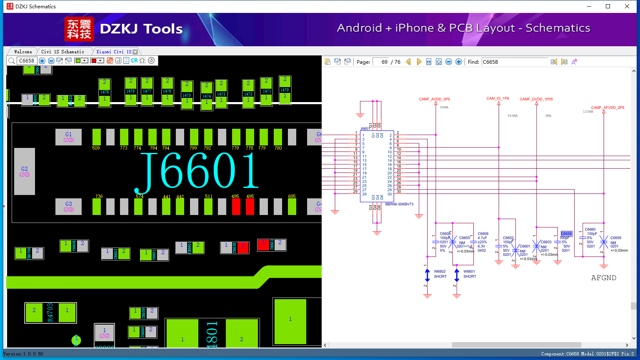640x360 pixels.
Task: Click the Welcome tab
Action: pyautogui.click(x=23, y=52)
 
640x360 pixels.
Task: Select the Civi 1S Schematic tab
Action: pyautogui.click(x=62, y=52)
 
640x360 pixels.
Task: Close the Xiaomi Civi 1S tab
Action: pyautogui.click(x=135, y=52)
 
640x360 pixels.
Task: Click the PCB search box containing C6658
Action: pyautogui.click(x=27, y=61)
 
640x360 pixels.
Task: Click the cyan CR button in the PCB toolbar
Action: pyautogui.click(x=134, y=61)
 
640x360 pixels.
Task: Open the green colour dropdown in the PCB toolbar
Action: pyautogui.click(x=85, y=61)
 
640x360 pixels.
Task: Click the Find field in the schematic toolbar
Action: pyautogui.click(x=515, y=62)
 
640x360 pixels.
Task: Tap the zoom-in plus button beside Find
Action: pyautogui.click(x=459, y=62)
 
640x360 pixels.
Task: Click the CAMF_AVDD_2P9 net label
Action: pyautogui.click(x=434, y=99)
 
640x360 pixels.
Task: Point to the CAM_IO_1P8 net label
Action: pyautogui.click(x=497, y=99)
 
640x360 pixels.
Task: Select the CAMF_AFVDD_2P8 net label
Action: pyautogui.click(x=607, y=107)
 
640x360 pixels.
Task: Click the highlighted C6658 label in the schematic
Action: pyautogui.click(x=566, y=234)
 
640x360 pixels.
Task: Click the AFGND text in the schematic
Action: pyautogui.click(x=603, y=278)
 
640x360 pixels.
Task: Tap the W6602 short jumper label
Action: pyautogui.click(x=440, y=271)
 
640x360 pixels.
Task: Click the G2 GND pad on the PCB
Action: pyautogui.click(x=25, y=171)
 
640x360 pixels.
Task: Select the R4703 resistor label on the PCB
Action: pyautogui.click(x=50, y=312)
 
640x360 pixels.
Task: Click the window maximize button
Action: pyautogui.click(x=608, y=6)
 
